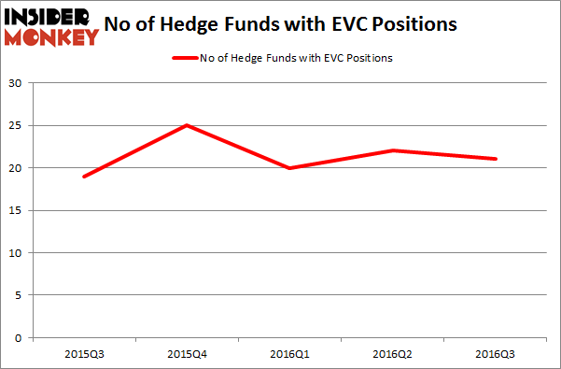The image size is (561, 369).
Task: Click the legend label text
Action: (x=296, y=58)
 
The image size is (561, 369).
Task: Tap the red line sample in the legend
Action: (x=185, y=58)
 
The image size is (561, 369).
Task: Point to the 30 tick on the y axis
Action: (x=17, y=83)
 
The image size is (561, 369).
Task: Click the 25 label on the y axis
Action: (x=17, y=125)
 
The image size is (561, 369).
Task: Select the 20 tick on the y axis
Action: (x=17, y=168)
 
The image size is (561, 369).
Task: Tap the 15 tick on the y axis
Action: (x=17, y=210)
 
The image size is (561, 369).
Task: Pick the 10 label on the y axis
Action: (x=17, y=253)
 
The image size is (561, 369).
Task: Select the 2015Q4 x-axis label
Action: (x=186, y=355)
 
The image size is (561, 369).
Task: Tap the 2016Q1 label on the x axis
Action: (x=290, y=355)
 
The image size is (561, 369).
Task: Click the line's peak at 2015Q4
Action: (x=187, y=125)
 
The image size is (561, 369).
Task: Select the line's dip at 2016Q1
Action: (x=290, y=168)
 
